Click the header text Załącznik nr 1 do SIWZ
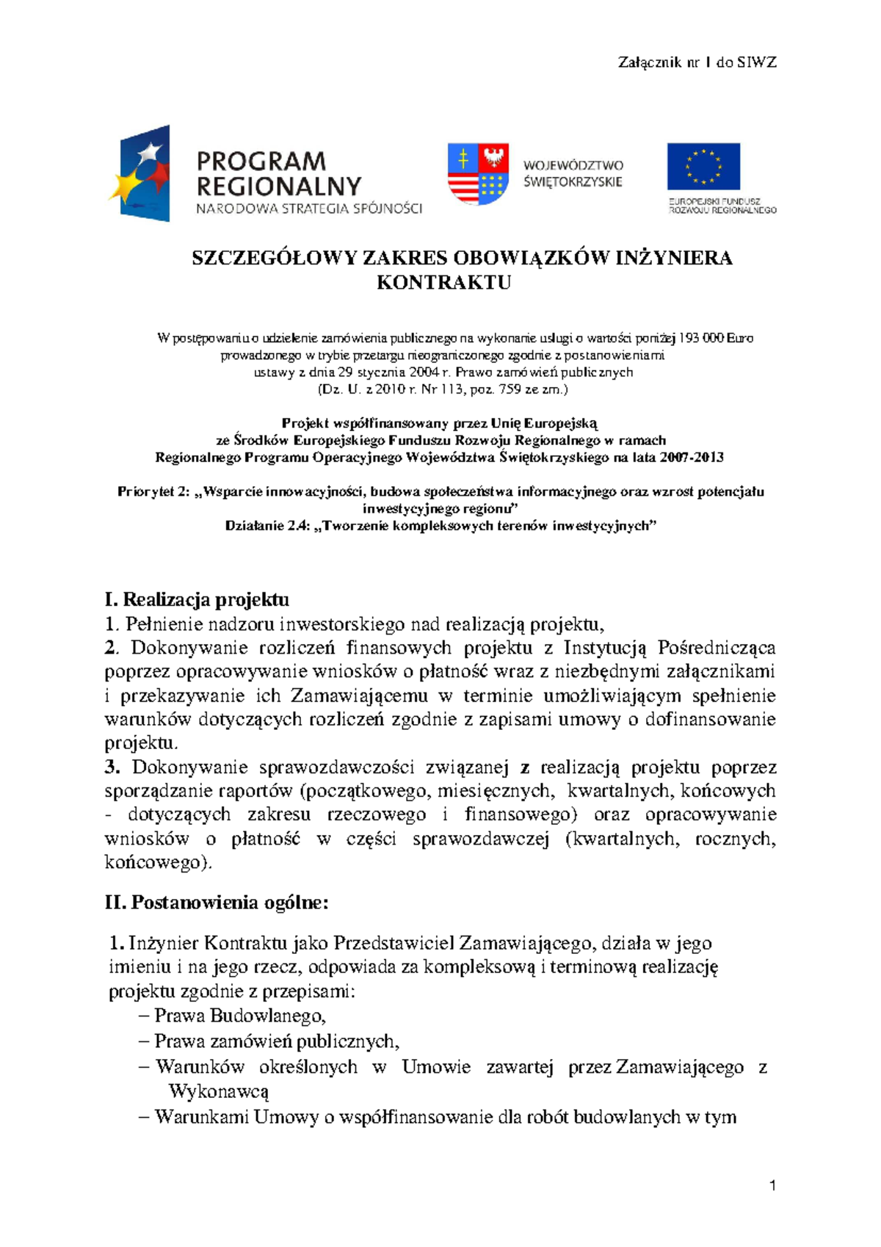click(x=697, y=62)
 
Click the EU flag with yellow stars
click(x=703, y=166)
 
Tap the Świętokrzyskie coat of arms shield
click(x=478, y=174)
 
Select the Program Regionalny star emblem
click(x=142, y=174)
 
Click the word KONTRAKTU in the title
click(x=443, y=283)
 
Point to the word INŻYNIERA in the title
click(x=673, y=259)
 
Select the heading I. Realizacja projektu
click(x=197, y=599)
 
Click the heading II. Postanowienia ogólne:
click(x=217, y=902)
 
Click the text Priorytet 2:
click(x=153, y=492)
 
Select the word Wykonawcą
click(x=219, y=1091)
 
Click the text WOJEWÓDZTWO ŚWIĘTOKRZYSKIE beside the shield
click(x=573, y=174)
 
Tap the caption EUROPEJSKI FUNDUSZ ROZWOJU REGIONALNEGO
click(x=722, y=206)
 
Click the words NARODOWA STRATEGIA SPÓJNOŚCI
click(x=308, y=209)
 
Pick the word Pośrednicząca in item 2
click(x=716, y=648)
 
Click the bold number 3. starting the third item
click(x=112, y=767)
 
